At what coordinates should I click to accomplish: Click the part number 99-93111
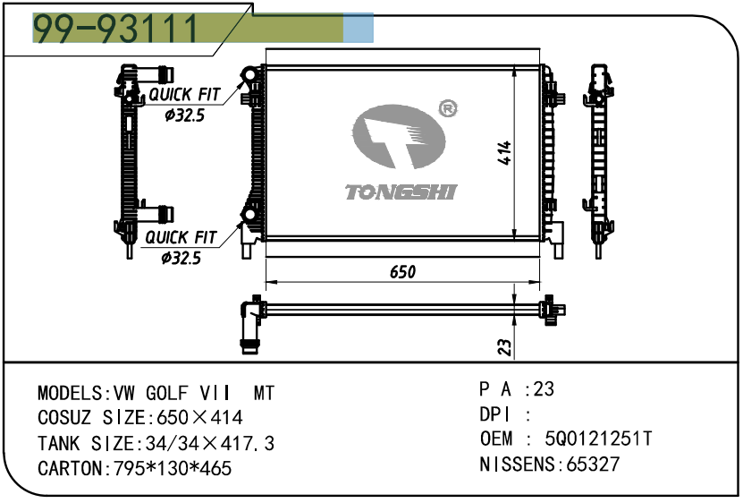pyautogui.click(x=116, y=29)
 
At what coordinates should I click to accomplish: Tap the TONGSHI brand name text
pyautogui.click(x=401, y=192)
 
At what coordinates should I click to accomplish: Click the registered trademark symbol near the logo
pyautogui.click(x=448, y=108)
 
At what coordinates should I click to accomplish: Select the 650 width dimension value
pyautogui.click(x=402, y=270)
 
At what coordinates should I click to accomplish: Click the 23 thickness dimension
pyautogui.click(x=504, y=345)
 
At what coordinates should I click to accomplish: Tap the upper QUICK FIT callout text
pyautogui.click(x=183, y=95)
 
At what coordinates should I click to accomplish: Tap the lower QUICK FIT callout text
pyautogui.click(x=180, y=237)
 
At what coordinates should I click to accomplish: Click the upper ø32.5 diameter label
pyautogui.click(x=184, y=115)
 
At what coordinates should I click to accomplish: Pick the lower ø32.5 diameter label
pyautogui.click(x=181, y=258)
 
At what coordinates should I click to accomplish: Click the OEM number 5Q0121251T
pyautogui.click(x=600, y=439)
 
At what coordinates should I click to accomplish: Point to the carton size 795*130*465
pyautogui.click(x=170, y=468)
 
